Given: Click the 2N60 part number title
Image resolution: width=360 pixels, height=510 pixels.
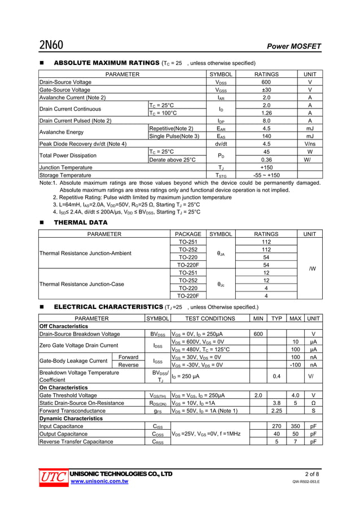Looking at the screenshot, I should pyautogui.click(x=51, y=45).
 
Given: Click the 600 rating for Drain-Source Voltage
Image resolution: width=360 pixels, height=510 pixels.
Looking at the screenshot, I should pyautogui.click(x=266, y=82).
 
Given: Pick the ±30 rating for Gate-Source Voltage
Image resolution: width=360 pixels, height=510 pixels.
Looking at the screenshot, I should pyautogui.click(x=266, y=90).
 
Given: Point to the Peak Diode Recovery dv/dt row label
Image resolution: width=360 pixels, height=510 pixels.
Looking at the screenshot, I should pyautogui.click(x=82, y=144).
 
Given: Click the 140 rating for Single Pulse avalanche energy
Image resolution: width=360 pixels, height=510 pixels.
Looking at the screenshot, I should pyautogui.click(x=266, y=136).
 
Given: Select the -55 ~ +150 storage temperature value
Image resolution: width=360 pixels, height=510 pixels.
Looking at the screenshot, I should pyautogui.click(x=266, y=176).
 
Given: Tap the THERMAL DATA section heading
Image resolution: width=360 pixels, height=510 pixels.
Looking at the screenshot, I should pyautogui.click(x=80, y=223).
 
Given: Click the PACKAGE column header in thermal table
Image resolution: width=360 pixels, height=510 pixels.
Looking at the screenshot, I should pyautogui.click(x=188, y=234).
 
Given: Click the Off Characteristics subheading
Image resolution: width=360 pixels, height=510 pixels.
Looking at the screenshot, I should pyautogui.click(x=64, y=326).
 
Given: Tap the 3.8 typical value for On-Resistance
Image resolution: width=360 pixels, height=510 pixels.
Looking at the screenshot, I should pyautogui.click(x=276, y=403).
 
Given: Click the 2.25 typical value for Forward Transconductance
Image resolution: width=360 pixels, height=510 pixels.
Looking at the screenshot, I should pyautogui.click(x=276, y=411).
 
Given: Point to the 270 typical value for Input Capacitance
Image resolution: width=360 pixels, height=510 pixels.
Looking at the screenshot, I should pyautogui.click(x=276, y=426).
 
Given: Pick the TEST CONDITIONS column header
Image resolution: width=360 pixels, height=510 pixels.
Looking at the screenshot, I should pyautogui.click(x=210, y=319).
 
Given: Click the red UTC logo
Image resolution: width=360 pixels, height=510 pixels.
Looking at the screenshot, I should pyautogui.click(x=51, y=477).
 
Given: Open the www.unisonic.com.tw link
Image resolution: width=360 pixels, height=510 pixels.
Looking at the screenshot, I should pyautogui.click(x=99, y=481).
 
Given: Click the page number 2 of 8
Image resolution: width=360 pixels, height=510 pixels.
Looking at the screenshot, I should pyautogui.click(x=312, y=473).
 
